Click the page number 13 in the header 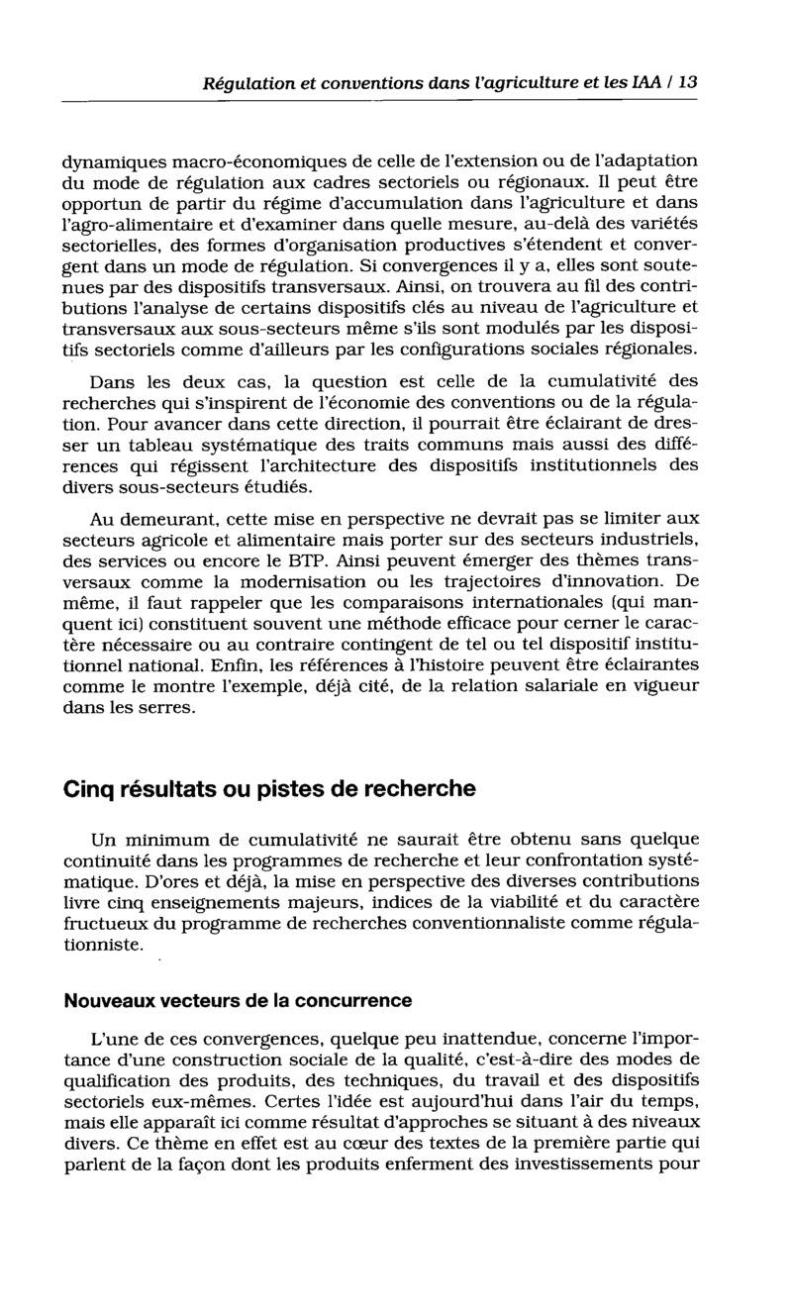click(x=687, y=83)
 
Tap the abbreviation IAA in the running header click(x=643, y=83)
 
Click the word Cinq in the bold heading click(x=89, y=790)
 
